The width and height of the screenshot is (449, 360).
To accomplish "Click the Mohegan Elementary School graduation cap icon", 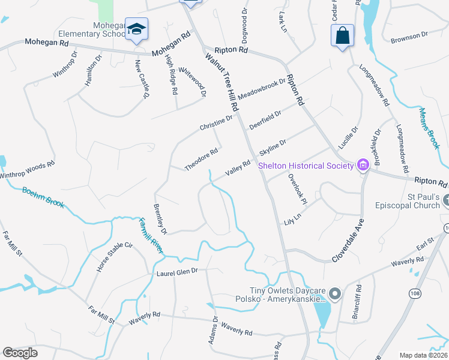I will click(x=137, y=29).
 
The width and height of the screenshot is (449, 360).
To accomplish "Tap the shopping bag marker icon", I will click(x=342, y=35).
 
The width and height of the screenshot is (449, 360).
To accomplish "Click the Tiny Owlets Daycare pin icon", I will click(x=335, y=294).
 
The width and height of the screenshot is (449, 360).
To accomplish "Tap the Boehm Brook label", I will click(x=43, y=197).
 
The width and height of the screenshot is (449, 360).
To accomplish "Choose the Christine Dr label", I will click(x=216, y=122).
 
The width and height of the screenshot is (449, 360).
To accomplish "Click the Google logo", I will click(x=20, y=353).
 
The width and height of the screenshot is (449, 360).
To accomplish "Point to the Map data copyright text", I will click(x=424, y=355).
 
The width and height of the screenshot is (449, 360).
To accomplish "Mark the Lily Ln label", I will click(x=293, y=215).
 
